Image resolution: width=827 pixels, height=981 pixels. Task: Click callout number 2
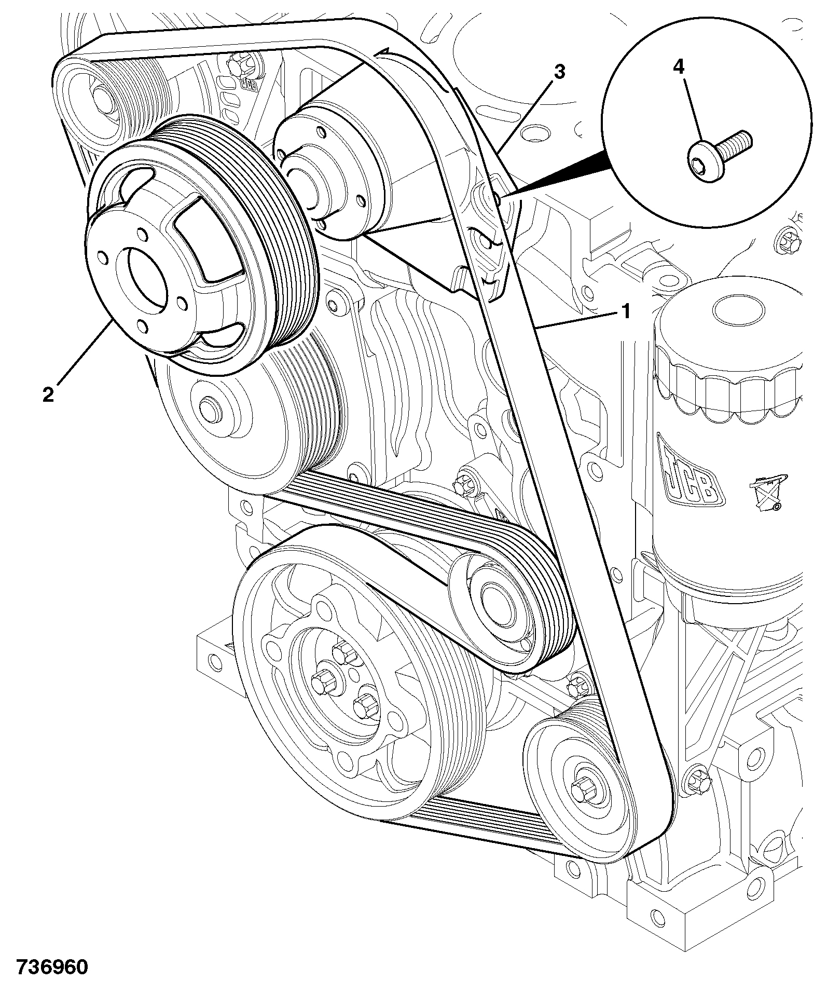(48, 396)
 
